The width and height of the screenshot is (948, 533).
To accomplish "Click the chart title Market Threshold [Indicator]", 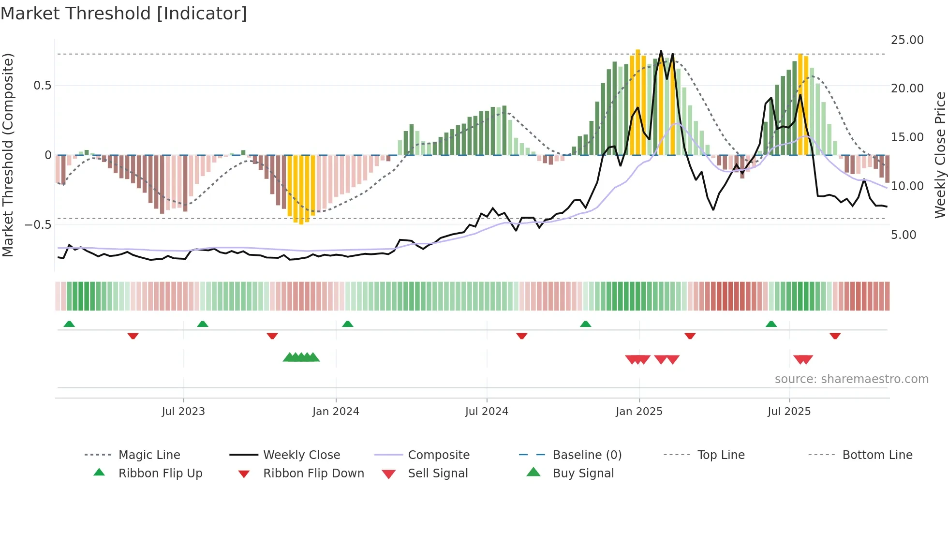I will (124, 14).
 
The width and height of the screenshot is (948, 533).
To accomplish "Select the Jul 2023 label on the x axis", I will (183, 412).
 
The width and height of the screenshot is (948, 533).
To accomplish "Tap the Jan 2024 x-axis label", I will (336, 412).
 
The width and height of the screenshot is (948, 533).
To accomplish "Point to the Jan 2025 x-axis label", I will (639, 412).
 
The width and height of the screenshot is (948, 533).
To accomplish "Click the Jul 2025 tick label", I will (789, 412).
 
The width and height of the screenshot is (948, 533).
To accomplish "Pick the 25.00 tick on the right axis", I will (907, 40).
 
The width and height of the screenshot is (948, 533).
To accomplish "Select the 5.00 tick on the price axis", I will (903, 235).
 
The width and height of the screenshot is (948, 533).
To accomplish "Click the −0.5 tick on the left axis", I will (38, 225).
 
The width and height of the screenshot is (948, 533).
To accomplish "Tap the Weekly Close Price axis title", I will (940, 155).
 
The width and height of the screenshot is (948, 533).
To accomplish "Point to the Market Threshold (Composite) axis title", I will (8, 155).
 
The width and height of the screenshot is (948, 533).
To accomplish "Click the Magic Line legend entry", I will (149, 455).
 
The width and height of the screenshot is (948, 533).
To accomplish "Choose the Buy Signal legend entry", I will (583, 474).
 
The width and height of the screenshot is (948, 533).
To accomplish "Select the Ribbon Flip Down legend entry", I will (313, 474).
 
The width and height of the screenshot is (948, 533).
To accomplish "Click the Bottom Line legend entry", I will (877, 455).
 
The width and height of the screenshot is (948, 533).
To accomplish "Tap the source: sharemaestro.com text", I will (851, 379).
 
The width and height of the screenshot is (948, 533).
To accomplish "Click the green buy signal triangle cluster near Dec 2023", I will (301, 357).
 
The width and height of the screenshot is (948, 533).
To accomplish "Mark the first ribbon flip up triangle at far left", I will (69, 324).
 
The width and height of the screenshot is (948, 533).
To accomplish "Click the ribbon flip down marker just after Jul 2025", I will (835, 336).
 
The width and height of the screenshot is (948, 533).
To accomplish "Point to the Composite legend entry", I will (438, 455).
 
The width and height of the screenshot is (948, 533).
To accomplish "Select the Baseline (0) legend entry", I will (587, 455).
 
